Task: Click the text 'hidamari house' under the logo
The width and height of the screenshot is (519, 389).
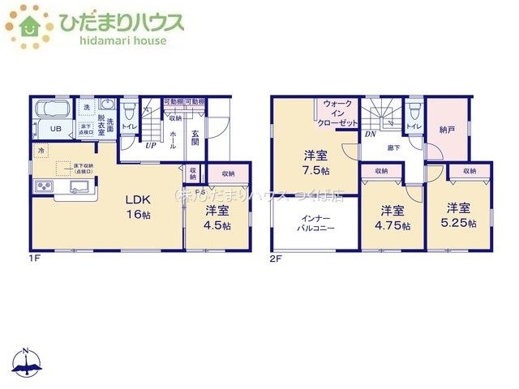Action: pos(111,41)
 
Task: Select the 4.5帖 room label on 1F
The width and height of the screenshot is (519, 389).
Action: pos(217,217)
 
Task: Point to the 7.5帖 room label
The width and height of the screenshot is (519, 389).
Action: pos(315,162)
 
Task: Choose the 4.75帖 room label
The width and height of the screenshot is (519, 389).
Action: pos(393,217)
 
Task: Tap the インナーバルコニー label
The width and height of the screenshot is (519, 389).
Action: pos(315,223)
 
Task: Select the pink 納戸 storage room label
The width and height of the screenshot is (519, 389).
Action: pos(447,129)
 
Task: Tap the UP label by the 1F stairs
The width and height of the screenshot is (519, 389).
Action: pos(151,146)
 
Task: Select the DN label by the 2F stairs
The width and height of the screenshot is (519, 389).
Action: pos(369,134)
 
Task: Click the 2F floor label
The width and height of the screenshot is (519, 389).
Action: pos(277,258)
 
